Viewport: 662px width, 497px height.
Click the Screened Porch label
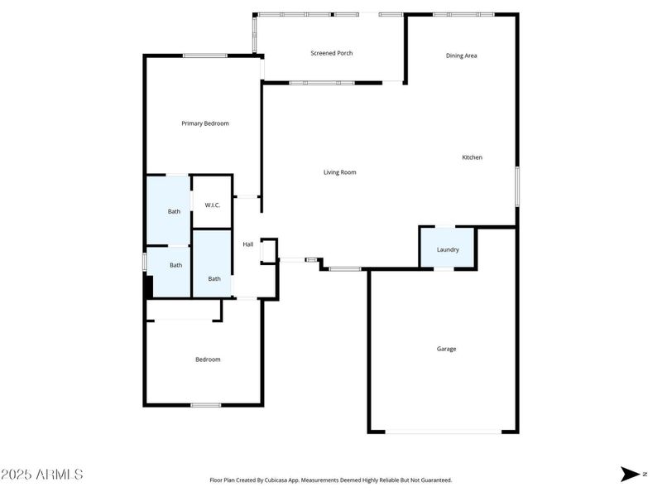tap(332, 53)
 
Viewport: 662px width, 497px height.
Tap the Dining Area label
tap(462, 55)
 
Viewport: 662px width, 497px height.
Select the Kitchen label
tap(472, 157)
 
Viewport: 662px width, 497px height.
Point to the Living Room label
tap(339, 172)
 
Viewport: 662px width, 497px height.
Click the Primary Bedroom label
tap(205, 123)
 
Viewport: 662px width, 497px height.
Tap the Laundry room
tap(448, 249)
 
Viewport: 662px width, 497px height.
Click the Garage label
tap(447, 349)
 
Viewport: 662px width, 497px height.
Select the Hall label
tap(247, 244)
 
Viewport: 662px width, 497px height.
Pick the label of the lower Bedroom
tap(208, 359)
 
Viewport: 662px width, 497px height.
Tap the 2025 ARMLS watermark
tap(41, 475)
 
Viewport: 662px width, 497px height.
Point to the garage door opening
tap(444, 432)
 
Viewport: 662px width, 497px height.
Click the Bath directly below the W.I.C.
tap(214, 279)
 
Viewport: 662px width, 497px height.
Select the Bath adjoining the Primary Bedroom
tap(174, 211)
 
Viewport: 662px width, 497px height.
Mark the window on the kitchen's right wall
tap(518, 186)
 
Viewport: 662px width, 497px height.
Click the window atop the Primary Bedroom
tap(205, 55)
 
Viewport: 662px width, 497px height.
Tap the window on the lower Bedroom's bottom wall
tap(206, 405)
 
